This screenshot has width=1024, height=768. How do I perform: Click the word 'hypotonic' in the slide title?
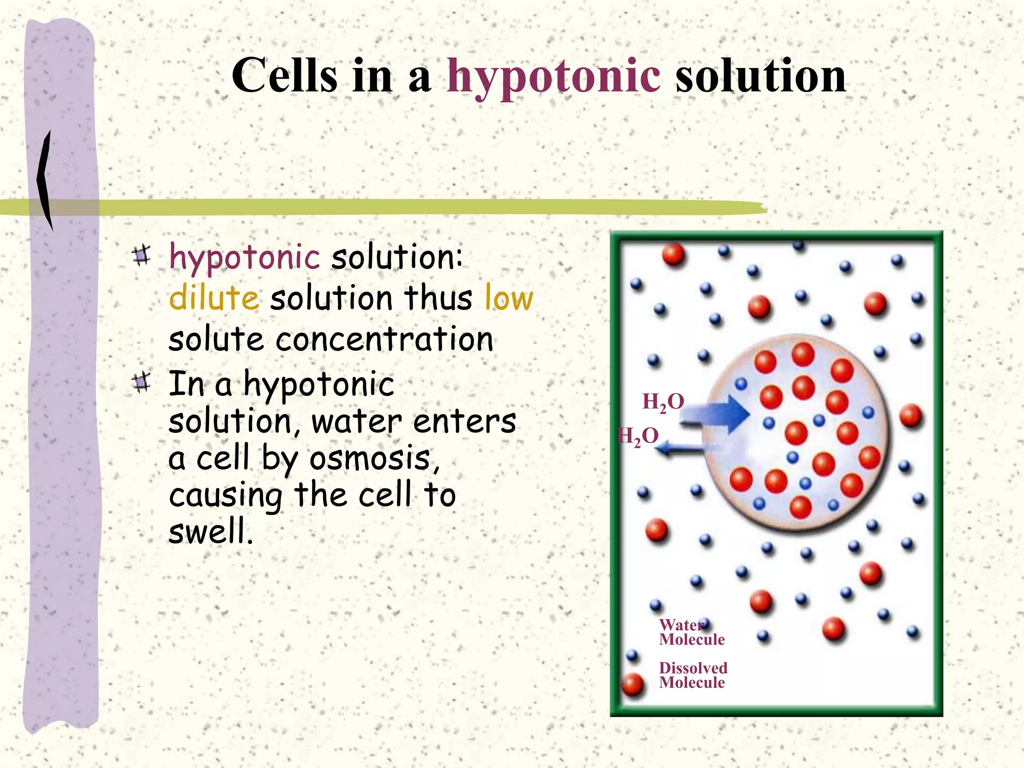[553, 76]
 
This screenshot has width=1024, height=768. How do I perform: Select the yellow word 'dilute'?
[214, 298]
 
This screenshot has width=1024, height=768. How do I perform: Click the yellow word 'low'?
[508, 298]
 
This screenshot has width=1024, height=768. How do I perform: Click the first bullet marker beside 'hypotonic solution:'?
[141, 255]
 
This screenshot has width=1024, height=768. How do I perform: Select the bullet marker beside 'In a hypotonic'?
[141, 383]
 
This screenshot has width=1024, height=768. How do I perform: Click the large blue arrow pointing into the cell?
[720, 414]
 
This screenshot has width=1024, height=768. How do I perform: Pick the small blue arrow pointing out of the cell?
[680, 449]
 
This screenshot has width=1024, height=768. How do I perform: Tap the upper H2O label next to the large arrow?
[663, 402]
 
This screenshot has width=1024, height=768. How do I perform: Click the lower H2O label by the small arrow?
[638, 436]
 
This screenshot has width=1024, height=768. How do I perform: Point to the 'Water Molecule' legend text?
[691, 632]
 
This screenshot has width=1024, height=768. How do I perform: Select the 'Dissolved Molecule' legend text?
[692, 675]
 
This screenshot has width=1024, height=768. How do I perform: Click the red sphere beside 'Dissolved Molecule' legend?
[632, 684]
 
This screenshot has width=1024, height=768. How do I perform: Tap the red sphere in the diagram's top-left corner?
[673, 254]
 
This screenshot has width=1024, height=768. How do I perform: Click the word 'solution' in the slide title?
[760, 76]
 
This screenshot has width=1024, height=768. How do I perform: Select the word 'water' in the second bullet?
[356, 421]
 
